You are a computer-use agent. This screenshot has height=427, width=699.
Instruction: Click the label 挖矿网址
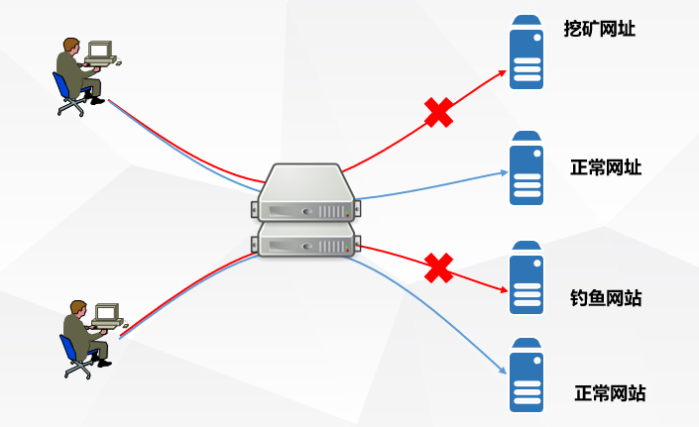(x=599, y=30)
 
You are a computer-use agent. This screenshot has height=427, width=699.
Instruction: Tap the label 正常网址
(x=606, y=166)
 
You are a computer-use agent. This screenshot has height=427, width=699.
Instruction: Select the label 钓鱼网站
(x=606, y=296)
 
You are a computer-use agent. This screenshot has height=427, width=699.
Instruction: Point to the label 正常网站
(x=610, y=393)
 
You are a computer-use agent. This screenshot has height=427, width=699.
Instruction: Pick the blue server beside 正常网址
(x=526, y=168)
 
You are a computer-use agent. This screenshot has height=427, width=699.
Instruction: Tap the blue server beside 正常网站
(x=526, y=375)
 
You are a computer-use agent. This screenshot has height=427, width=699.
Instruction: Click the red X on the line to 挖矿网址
(x=438, y=112)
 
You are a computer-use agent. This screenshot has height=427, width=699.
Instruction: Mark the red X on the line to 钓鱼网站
(x=439, y=267)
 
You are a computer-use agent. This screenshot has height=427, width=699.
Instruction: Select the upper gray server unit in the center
(x=303, y=193)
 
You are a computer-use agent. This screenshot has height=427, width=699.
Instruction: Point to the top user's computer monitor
(x=100, y=50)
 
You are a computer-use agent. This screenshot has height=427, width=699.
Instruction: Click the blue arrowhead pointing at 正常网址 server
(x=503, y=173)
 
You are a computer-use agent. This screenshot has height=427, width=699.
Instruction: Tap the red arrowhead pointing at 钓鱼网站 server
(x=503, y=290)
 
